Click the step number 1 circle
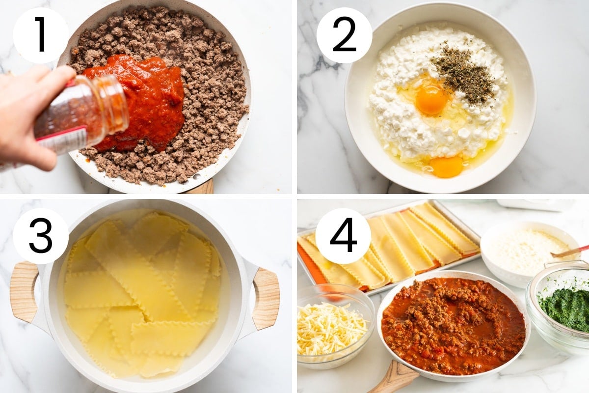41,35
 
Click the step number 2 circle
344,35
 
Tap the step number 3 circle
41,236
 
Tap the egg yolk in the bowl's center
431,100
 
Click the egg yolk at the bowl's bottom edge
446,167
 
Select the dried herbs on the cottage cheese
463,71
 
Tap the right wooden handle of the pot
266,299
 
